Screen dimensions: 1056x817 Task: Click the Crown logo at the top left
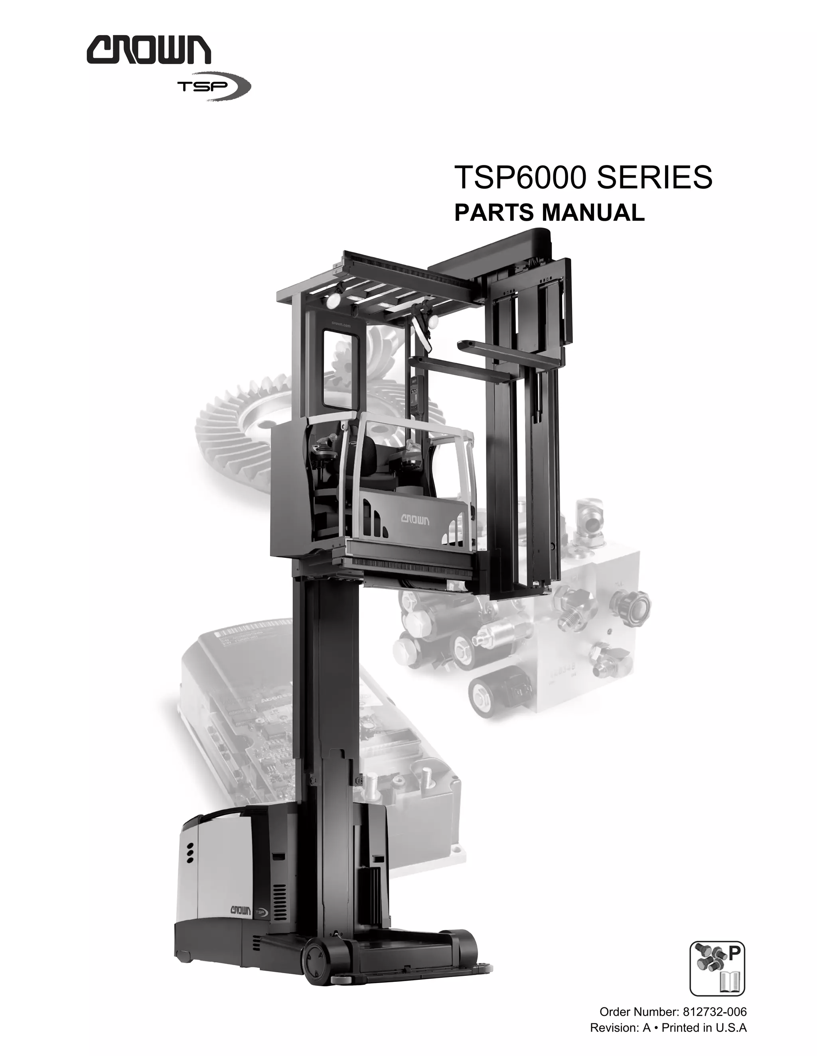[148, 52]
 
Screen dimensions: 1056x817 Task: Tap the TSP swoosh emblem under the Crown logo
[214, 87]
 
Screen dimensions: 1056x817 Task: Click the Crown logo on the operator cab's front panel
[415, 520]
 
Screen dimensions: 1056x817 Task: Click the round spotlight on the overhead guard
[334, 301]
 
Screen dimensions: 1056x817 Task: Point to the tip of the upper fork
[462, 344]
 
